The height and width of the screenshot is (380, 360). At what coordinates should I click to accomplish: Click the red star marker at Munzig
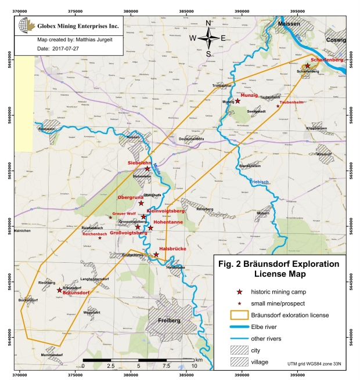237,101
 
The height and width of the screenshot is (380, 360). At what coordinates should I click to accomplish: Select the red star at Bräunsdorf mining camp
59,289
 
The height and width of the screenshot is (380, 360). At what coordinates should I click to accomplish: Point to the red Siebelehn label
139,164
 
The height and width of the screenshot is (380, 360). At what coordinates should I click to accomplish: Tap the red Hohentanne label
168,221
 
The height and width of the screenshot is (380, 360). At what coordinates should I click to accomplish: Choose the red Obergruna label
131,197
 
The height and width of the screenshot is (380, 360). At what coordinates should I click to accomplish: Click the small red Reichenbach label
94,234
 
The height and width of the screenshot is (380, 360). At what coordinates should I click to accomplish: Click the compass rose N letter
208,23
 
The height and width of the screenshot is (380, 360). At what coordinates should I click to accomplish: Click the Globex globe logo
26,26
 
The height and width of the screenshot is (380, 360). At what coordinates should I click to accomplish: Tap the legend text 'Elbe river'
268,326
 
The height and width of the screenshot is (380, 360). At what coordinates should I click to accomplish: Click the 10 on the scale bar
195,366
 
